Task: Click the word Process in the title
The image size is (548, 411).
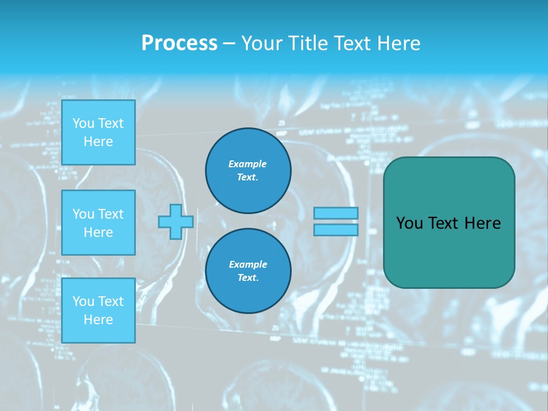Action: click(x=179, y=43)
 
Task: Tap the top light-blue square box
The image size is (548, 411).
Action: click(x=98, y=132)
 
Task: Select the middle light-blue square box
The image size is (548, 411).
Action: click(x=98, y=223)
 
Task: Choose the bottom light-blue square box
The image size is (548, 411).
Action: click(x=98, y=310)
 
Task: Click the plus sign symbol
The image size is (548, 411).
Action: click(x=176, y=222)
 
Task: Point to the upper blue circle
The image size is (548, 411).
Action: click(x=248, y=171)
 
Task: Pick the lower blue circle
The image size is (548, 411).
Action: click(x=248, y=271)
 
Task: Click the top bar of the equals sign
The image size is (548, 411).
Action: click(x=336, y=213)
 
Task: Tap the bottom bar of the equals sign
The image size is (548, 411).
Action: click(x=336, y=229)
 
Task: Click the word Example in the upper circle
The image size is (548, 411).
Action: click(x=247, y=164)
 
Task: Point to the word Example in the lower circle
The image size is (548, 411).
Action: click(x=248, y=264)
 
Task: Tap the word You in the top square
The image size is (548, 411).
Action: click(x=83, y=123)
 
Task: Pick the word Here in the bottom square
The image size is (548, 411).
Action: click(x=98, y=320)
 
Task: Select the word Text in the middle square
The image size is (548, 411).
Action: click(x=110, y=214)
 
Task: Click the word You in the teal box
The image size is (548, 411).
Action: click(x=409, y=223)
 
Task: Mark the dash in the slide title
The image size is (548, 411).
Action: click(x=229, y=43)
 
